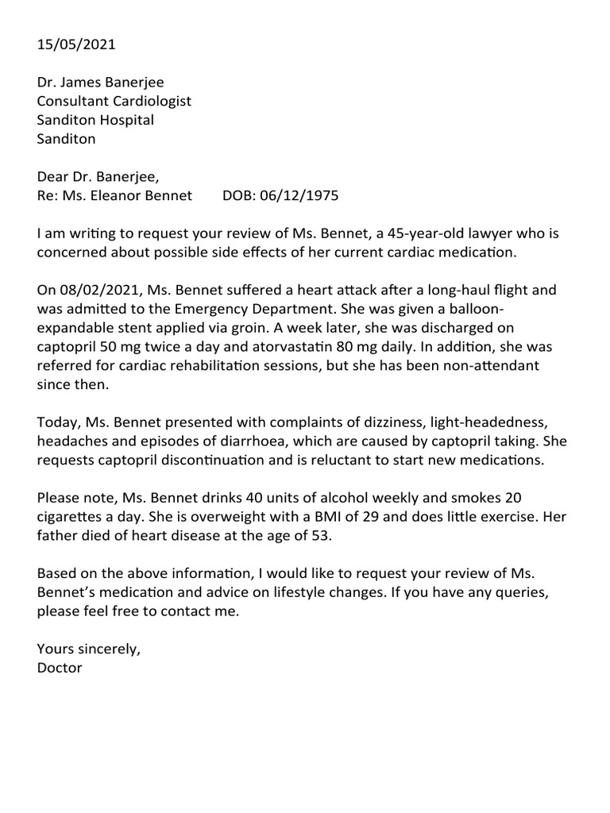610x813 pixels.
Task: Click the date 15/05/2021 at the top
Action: pos(76,44)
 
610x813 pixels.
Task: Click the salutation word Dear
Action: pos(52,178)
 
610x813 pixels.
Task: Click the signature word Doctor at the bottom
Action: pos(60,669)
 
